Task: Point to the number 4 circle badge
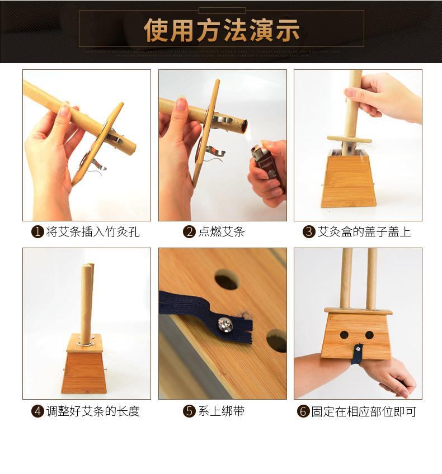[x=37, y=411]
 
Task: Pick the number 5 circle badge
[x=190, y=411]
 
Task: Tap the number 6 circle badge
[x=303, y=412]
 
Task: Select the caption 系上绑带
[x=222, y=411]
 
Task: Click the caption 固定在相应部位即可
[x=364, y=412]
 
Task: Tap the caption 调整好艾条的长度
[x=93, y=411]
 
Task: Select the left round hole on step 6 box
[x=344, y=335]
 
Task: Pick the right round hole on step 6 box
[x=369, y=335]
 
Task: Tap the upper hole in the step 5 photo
[x=227, y=279]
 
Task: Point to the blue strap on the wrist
[x=355, y=355]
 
